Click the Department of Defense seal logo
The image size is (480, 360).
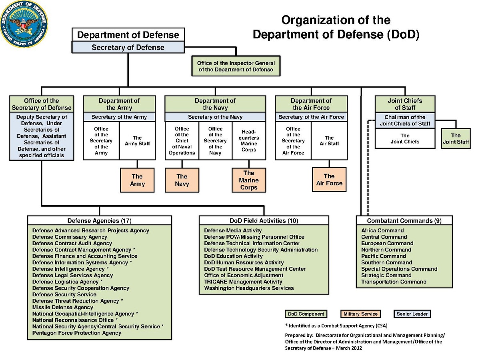tap(24, 24)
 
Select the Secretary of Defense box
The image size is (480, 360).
tap(128, 47)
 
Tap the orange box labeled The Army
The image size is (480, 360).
tap(137, 180)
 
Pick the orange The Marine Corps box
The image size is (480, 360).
tap(249, 180)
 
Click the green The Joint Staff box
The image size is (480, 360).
tap(456, 138)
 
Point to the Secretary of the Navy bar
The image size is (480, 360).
tap(215, 117)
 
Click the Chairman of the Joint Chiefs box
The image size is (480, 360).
tap(405, 120)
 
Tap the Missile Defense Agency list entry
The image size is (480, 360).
tap(62, 307)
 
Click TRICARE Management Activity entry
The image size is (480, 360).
tap(243, 282)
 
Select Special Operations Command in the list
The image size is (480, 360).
tap(399, 269)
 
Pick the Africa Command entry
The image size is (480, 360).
tap(382, 230)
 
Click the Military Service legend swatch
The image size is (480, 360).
tap(360, 314)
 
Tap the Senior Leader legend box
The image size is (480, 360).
tap(412, 314)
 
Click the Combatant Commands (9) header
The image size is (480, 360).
tap(404, 221)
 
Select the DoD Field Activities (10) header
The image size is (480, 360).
tap(264, 221)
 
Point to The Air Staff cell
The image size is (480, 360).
tap(329, 141)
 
